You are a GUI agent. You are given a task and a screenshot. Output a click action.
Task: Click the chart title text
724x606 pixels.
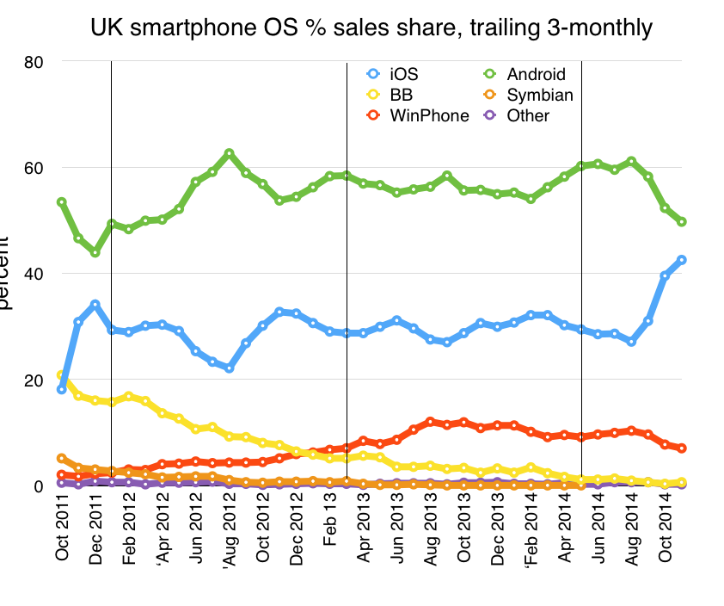[371, 28]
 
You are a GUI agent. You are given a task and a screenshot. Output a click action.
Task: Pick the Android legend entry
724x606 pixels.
[537, 74]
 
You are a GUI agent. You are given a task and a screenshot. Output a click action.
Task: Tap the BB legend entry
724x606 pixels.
[401, 95]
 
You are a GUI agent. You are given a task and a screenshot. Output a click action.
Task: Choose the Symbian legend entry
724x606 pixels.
[539, 95]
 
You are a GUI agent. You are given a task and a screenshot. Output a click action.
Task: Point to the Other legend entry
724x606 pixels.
[528, 115]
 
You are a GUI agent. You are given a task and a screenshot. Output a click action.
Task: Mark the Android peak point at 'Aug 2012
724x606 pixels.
[229, 153]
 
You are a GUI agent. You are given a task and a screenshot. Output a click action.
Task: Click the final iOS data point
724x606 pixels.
[682, 259]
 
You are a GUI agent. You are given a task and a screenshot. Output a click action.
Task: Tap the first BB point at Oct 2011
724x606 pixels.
[61, 375]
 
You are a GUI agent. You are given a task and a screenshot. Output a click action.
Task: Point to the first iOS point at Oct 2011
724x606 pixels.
[62, 389]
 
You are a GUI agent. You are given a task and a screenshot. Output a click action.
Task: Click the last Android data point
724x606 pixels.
[682, 221]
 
